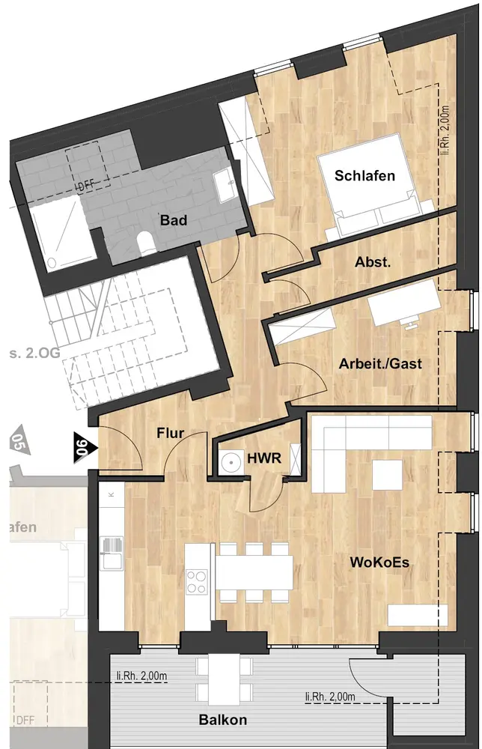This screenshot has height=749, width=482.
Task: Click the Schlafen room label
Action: coord(364,176)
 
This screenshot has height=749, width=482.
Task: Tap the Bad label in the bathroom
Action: coord(173,220)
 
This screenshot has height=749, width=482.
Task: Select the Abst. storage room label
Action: coord(373,261)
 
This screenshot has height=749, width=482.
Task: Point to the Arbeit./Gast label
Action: coord(380,363)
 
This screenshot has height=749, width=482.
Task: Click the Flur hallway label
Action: coord(171,433)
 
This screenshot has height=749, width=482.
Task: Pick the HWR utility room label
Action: coord(264,458)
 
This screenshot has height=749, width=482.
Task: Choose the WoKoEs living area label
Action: coord(379,562)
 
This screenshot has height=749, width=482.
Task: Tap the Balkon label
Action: coord(223,719)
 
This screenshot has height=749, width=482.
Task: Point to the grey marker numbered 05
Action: coord(20,440)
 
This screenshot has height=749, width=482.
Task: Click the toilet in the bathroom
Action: coord(144,241)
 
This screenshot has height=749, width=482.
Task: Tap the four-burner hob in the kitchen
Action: coord(196,581)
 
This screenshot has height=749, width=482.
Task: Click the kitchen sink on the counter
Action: coord(112,554)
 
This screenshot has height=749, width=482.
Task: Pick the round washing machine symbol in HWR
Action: coord(232,462)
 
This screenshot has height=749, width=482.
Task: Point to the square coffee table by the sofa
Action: coord(387,474)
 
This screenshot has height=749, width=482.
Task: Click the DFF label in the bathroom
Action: coord(86,185)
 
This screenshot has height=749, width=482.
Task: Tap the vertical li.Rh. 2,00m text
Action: coord(445,130)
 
